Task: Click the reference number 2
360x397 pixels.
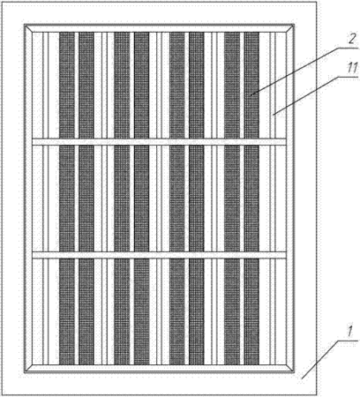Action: [351, 40]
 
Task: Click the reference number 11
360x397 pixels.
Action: [352, 68]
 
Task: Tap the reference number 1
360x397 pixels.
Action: [349, 332]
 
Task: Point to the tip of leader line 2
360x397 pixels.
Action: [251, 94]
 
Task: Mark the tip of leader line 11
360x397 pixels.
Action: [274, 115]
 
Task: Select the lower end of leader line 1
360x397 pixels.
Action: [302, 378]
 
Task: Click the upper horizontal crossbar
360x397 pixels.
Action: [159, 141]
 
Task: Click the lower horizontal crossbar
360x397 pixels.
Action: [159, 255]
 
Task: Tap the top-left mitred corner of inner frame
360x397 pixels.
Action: [28, 28]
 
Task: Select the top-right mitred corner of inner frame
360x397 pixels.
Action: [290, 28]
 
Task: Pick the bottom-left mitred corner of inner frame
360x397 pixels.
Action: [28, 369]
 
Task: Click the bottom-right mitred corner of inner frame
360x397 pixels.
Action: [290, 369]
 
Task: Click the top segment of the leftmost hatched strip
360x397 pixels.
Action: [67, 85]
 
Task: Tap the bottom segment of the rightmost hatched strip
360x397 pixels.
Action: [251, 311]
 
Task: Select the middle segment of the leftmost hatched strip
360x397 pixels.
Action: [67, 198]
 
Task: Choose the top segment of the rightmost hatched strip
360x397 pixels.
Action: [251, 85]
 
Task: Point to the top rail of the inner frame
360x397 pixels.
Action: [159, 28]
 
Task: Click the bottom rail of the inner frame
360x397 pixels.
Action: [159, 369]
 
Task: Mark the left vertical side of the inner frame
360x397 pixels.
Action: [28, 198]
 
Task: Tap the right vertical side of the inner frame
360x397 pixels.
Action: [290, 198]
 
